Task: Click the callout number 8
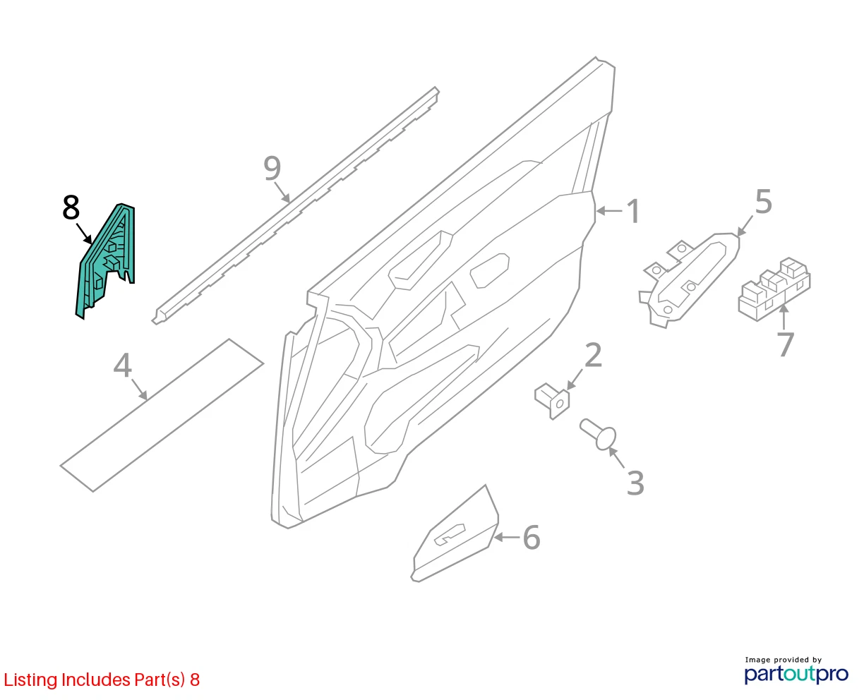pos(71,207)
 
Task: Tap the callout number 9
pos(272,169)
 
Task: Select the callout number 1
pos(632,211)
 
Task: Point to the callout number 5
pos(763,202)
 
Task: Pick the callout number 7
pos(785,344)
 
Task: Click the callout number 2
pos(593,355)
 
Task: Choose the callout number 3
pos(635,483)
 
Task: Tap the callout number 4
pos(123,365)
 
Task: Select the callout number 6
pos(532,538)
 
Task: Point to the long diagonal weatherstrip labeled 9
pos(295,206)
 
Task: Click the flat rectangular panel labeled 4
pos(162,416)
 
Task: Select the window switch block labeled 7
pos(774,289)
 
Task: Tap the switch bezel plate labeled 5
pos(690,280)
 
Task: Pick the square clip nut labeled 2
pos(552,401)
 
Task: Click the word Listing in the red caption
pos(31,680)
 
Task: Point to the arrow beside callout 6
pos(507,538)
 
